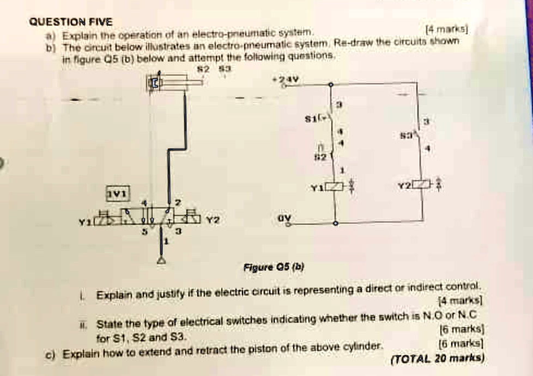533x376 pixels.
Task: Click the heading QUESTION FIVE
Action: coord(70,22)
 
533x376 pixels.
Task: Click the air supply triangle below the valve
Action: coord(161,260)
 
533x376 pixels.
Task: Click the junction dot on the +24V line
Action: coord(330,84)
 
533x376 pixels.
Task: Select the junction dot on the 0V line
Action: coord(335,223)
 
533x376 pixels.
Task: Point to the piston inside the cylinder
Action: coord(156,83)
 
